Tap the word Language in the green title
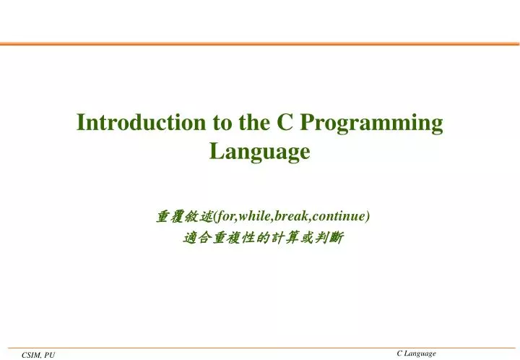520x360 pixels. pyautogui.click(x=259, y=152)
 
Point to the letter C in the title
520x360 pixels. pyautogui.click(x=285, y=123)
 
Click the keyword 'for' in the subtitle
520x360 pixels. pyautogui.click(x=218, y=215)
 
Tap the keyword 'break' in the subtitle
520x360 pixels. pyautogui.click(x=292, y=215)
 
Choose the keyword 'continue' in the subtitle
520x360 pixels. pyautogui.click(x=340, y=215)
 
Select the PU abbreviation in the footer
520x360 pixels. pyautogui.click(x=49, y=354)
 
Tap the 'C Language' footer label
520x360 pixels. pyautogui.click(x=417, y=353)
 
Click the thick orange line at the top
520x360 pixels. pyautogui.click(x=260, y=44)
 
